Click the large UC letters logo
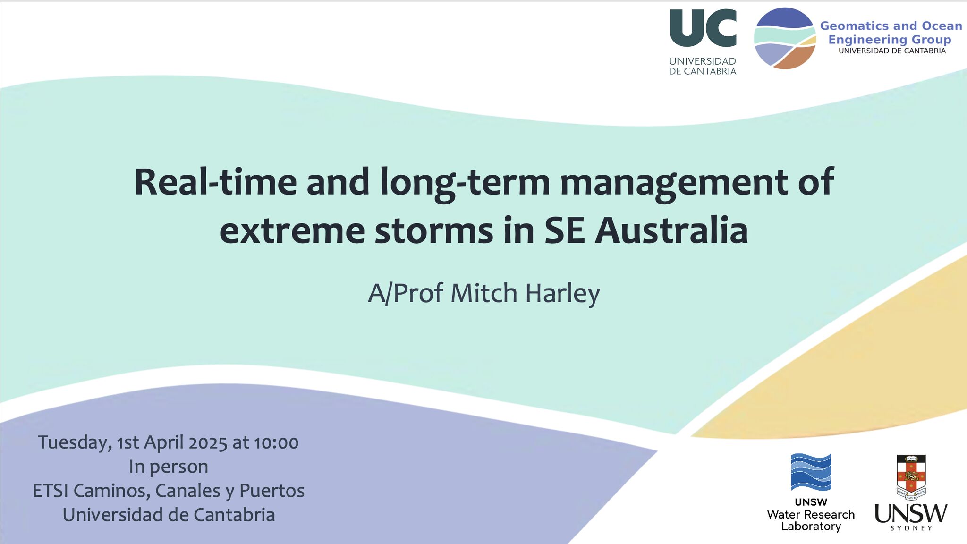tap(703, 28)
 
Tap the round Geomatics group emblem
tap(785, 38)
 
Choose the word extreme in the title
tap(292, 231)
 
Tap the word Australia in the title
tap(671, 230)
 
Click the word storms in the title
tap(434, 231)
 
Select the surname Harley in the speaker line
tap(562, 293)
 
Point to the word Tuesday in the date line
tap(75, 443)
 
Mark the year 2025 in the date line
tap(208, 443)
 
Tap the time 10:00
tap(276, 443)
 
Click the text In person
tap(169, 467)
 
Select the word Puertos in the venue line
tap(272, 491)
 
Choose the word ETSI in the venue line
tap(51, 491)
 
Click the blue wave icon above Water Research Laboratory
tap(811, 472)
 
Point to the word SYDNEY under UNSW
tap(911, 528)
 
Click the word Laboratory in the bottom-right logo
tap(811, 527)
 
